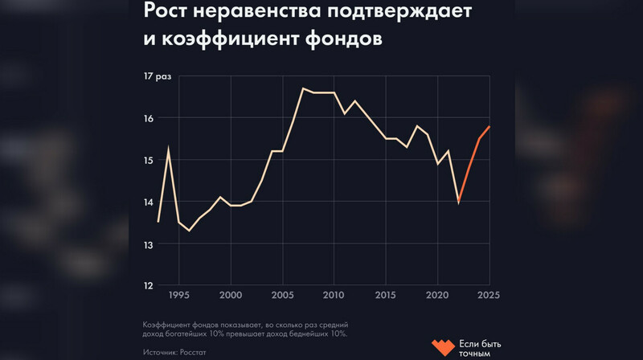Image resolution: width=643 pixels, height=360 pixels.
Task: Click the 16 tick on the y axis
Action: (x=148, y=118)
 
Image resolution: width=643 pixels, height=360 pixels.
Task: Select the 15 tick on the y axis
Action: (x=148, y=160)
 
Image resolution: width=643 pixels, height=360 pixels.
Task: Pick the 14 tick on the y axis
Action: (x=148, y=202)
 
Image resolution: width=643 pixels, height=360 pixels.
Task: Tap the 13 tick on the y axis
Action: (x=148, y=243)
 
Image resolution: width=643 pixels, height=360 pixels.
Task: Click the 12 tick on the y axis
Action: (x=148, y=285)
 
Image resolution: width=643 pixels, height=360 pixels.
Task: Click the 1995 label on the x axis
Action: (x=179, y=295)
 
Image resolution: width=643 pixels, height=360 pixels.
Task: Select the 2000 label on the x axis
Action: (x=231, y=295)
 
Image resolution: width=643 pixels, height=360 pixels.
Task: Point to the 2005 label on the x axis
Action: (x=282, y=295)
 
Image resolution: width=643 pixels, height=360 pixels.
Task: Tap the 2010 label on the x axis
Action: (x=334, y=295)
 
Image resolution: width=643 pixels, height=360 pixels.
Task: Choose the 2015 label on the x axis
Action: (x=386, y=295)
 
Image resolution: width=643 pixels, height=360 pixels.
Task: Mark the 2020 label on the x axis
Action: (x=437, y=295)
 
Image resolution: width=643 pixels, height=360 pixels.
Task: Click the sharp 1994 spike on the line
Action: (x=169, y=147)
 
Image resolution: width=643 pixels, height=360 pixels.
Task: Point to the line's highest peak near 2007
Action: (x=303, y=88)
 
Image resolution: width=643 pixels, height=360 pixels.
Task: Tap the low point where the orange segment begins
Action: (x=458, y=202)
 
